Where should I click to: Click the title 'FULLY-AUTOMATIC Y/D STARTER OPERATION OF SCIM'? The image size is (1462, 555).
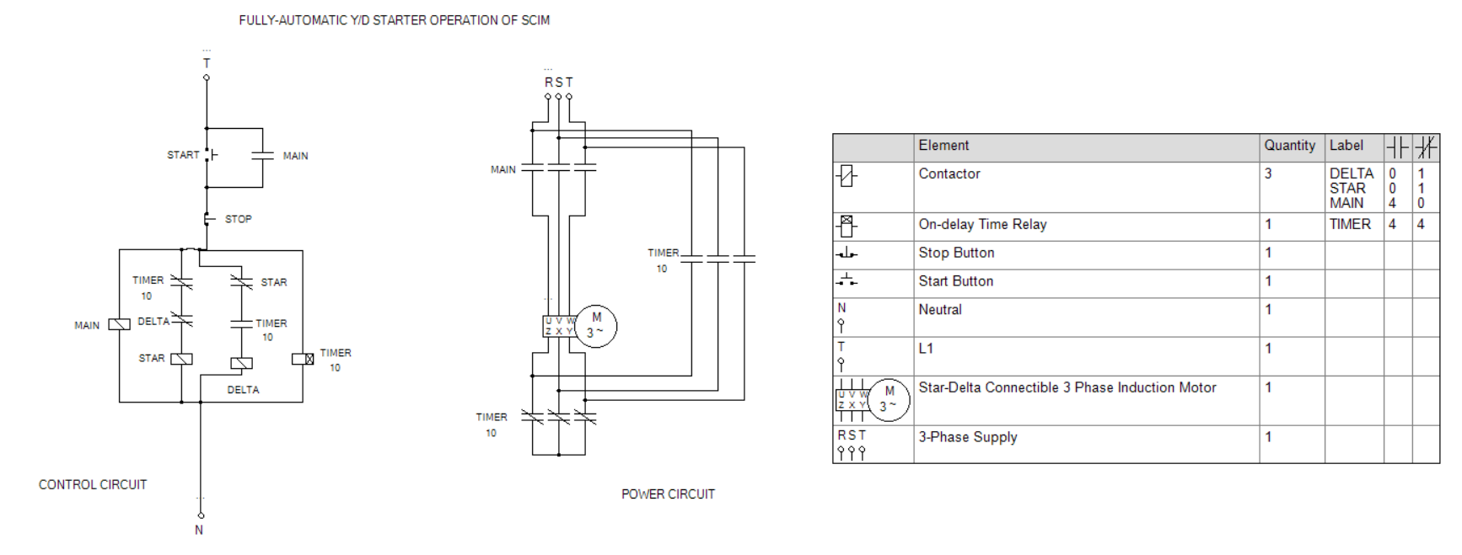[394, 20]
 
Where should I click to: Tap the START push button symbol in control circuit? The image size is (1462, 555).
[210, 155]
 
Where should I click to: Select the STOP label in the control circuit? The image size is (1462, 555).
[238, 219]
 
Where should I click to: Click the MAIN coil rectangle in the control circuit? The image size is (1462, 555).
[119, 324]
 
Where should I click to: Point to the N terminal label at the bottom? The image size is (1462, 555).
[199, 530]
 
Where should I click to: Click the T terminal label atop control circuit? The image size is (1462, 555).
[207, 63]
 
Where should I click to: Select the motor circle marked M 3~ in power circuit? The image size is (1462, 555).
[596, 326]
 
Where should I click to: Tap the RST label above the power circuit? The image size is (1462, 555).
[558, 83]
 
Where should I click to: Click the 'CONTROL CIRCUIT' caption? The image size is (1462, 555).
[93, 485]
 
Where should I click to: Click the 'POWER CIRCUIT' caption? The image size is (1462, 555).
[668, 494]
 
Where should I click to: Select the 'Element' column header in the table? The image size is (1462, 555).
[943, 146]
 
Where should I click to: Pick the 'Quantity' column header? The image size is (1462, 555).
[1289, 146]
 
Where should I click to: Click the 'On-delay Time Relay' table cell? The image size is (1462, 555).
[982, 225]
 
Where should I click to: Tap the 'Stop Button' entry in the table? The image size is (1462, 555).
[956, 253]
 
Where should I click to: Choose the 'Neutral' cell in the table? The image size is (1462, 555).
[940, 310]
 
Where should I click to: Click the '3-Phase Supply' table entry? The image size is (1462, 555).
[968, 437]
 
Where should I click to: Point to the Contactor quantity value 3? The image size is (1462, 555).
[1268, 174]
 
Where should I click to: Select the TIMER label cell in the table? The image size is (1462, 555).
[1350, 225]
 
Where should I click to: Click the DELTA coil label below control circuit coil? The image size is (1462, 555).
[243, 390]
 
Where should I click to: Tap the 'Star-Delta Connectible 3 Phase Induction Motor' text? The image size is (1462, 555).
[1067, 388]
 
